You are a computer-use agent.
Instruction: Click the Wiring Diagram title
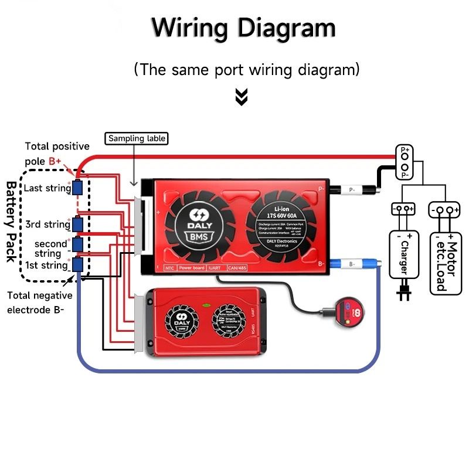point(243,28)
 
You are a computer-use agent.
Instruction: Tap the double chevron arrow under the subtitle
point(241,97)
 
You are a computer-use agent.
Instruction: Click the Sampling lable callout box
point(137,139)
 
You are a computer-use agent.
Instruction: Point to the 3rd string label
point(47,224)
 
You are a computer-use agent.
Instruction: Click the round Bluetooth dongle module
point(346,311)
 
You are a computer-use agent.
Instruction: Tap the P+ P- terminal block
point(405,162)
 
